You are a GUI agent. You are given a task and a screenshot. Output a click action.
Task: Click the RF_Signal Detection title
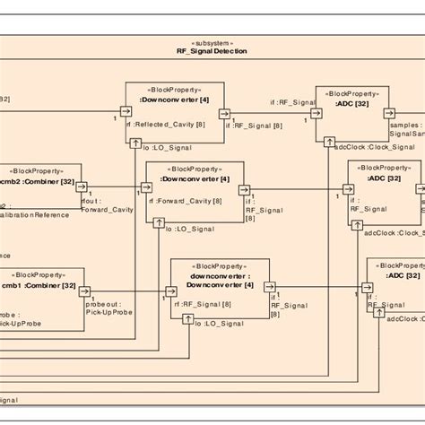coord(212,51)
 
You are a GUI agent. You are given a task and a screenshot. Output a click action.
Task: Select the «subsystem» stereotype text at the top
coord(212,42)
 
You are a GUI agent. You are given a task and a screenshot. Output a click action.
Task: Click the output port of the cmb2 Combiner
coord(81,187)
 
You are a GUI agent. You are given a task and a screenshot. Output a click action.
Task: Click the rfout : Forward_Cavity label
coord(106,207)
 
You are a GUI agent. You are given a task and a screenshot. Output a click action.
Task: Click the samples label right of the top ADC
coord(403,128)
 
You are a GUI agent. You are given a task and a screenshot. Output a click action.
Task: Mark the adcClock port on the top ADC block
coord(330,142)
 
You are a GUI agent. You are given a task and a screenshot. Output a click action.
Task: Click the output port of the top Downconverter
coord(223,115)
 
